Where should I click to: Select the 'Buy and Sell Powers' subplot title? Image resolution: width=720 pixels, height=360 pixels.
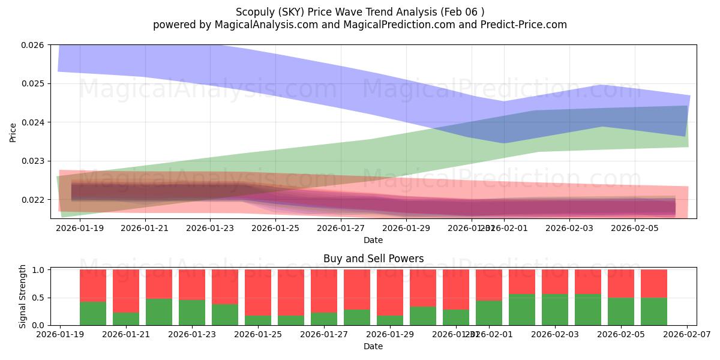point(373,259)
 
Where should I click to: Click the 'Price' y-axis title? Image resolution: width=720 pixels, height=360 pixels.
point(13,133)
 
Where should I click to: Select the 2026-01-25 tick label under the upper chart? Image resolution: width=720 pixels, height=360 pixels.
point(275,228)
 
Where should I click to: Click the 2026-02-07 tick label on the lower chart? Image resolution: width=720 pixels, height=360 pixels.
point(687,335)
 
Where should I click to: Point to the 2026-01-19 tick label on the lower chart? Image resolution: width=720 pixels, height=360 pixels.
point(60,335)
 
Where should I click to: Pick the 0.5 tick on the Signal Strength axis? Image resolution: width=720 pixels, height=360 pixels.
point(38,298)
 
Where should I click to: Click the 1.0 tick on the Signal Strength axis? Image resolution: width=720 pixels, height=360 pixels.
point(38,270)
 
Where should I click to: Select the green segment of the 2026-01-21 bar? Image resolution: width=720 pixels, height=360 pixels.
point(126,319)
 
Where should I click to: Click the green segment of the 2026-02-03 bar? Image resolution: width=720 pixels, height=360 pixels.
point(555,310)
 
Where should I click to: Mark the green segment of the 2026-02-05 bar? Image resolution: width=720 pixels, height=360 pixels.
point(621,311)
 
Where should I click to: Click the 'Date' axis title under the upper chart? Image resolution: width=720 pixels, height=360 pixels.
point(373,240)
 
